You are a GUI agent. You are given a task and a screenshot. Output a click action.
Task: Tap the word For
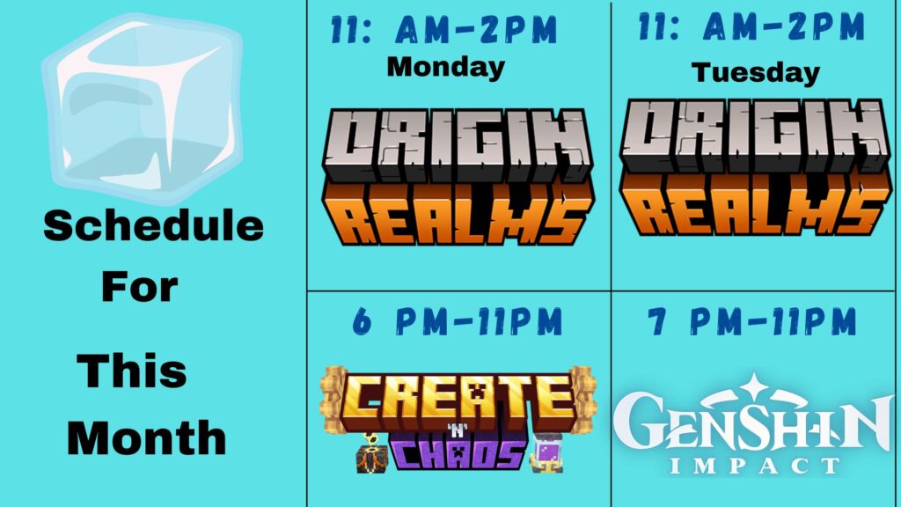point(140,287)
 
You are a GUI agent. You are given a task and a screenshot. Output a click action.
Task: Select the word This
point(132,371)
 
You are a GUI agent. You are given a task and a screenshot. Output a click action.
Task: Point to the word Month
point(147,438)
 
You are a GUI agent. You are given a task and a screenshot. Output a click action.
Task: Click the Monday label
point(446,68)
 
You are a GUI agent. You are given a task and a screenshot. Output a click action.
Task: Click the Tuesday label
point(756,73)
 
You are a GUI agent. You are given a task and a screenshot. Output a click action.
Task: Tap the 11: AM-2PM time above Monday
point(444,30)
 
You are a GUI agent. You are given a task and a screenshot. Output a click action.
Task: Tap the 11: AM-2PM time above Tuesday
point(751,26)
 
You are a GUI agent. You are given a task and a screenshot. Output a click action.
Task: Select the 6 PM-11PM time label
point(458,321)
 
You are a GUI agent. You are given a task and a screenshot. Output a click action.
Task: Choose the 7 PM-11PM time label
point(752,321)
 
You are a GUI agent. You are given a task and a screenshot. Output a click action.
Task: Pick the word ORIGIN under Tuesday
point(755,135)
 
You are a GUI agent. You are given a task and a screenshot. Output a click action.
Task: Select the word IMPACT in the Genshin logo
point(755,465)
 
